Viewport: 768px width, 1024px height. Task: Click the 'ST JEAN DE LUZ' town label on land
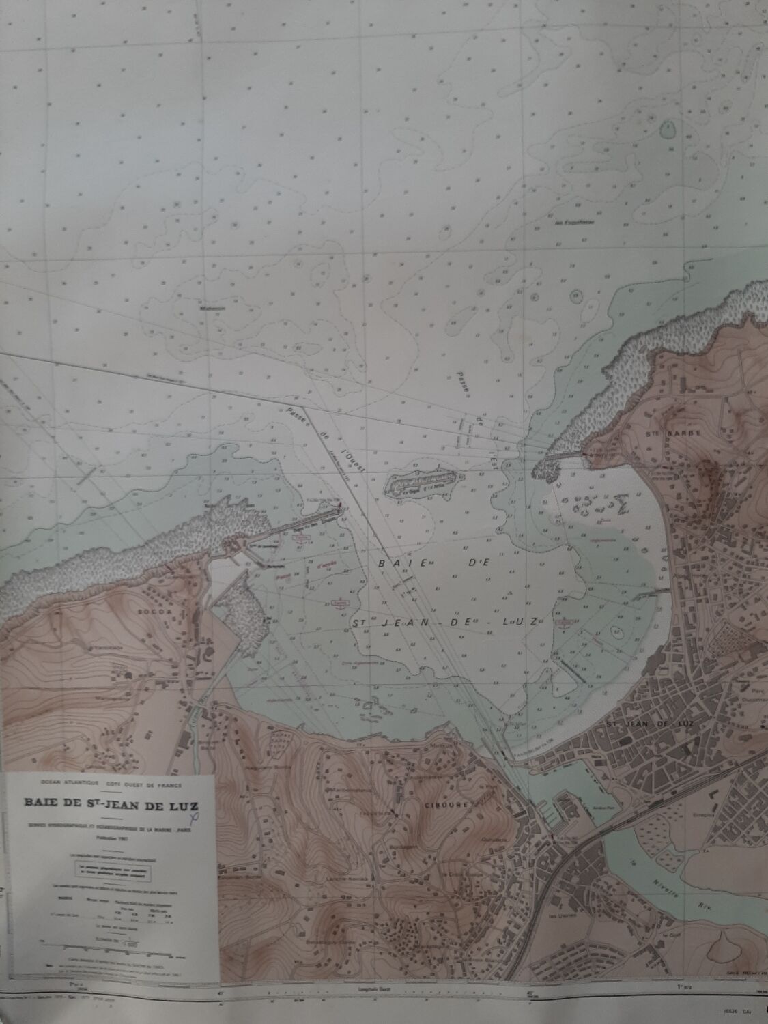[x=634, y=723]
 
